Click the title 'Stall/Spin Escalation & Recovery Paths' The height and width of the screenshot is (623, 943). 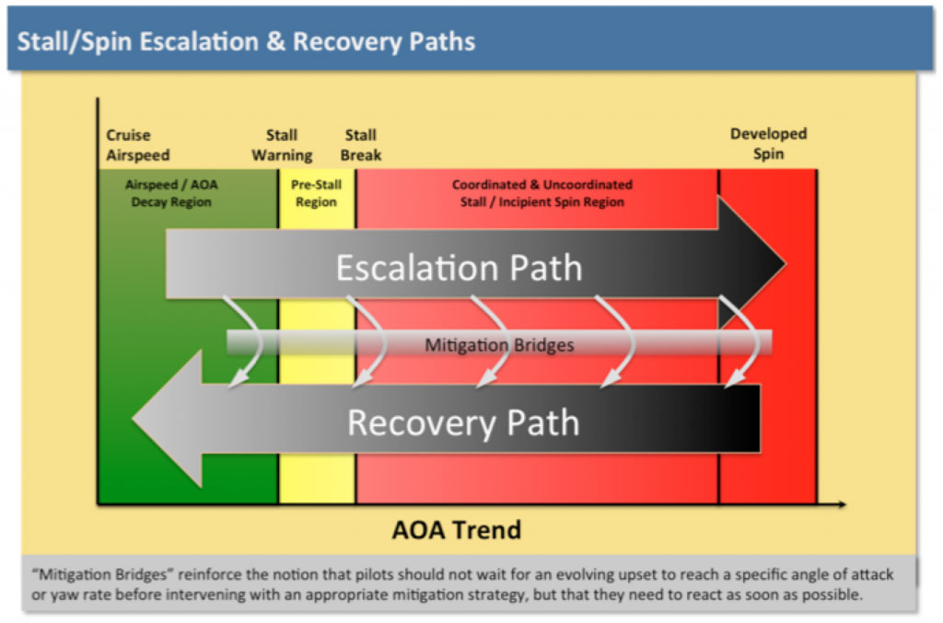coord(246,41)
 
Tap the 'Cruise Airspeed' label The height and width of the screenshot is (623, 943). coord(138,145)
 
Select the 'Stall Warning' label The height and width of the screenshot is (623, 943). coord(282,145)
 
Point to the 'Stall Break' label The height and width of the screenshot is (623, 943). coord(360,145)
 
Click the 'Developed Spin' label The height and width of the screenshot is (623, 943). coord(768,144)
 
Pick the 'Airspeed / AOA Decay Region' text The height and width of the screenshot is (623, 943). coord(172,193)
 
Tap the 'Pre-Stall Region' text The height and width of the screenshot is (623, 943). coord(316,193)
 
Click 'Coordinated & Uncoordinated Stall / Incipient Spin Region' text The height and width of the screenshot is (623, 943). coord(541,193)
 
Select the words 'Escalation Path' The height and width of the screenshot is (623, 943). coord(459,268)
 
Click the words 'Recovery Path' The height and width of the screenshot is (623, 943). coord(463,422)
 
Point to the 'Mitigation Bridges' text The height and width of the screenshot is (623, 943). coord(499,345)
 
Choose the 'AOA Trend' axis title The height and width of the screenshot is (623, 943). coord(457,530)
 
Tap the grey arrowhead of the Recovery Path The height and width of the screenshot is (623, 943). coord(166,419)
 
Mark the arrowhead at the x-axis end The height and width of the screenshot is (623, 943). coord(841,504)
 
